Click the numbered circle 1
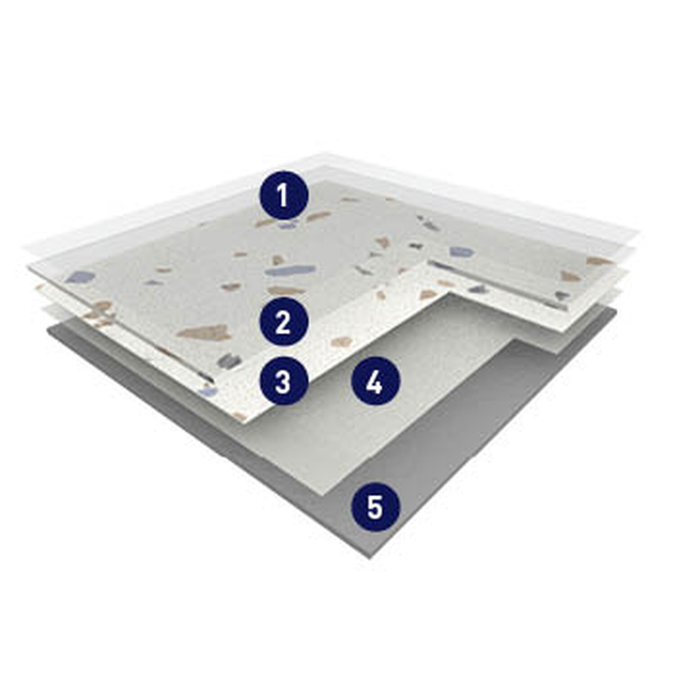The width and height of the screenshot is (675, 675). pos(283,196)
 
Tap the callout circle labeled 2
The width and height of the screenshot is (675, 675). pos(283,322)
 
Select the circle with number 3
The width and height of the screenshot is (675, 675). pos(283,382)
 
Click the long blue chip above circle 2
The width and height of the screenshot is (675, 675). pos(287,270)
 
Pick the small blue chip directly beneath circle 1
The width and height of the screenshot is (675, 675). pos(287,225)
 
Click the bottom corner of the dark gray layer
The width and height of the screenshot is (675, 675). pos(371,559)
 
